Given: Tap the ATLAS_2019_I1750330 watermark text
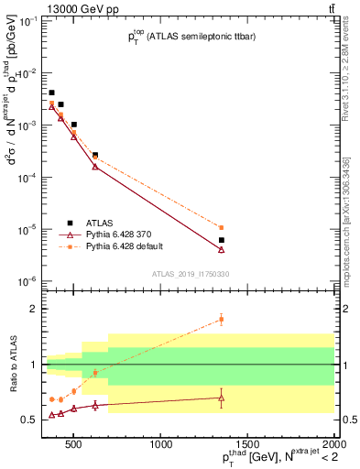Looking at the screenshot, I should tap(191, 273).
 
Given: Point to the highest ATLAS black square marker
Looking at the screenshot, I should tap(52, 93).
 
